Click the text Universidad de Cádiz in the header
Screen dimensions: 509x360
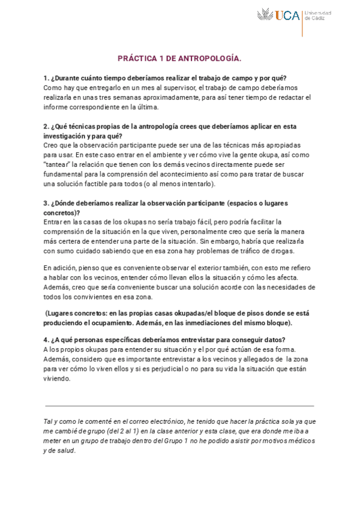(x=319, y=16)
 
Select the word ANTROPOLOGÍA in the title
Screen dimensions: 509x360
(x=207, y=59)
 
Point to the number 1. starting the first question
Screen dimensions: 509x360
(x=46, y=78)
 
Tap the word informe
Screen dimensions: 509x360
(x=56, y=107)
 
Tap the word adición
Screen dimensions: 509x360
(x=62, y=268)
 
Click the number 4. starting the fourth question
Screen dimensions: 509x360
(x=46, y=340)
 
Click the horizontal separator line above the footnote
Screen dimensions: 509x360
(x=179, y=406)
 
